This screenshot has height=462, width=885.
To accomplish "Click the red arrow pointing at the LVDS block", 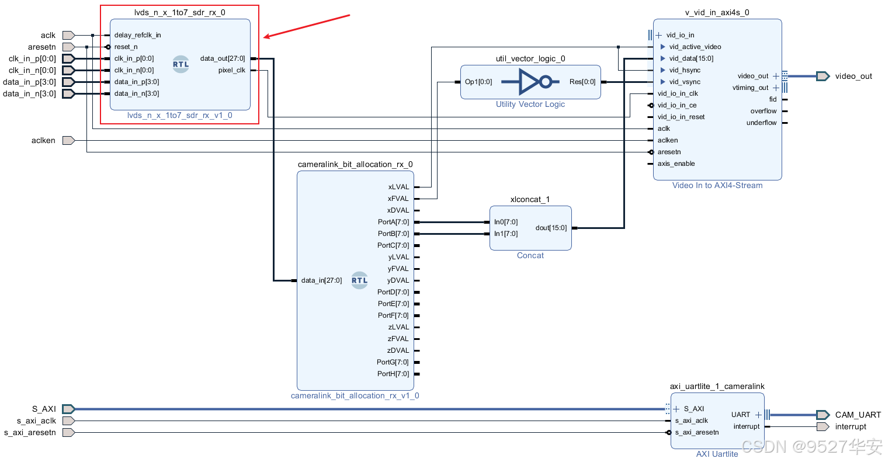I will [307, 26].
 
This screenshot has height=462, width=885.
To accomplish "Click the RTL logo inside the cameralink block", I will [360, 280].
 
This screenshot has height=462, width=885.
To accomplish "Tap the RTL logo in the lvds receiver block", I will [181, 64].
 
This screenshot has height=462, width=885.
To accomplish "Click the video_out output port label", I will [853, 76].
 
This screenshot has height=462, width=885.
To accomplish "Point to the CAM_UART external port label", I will [858, 415].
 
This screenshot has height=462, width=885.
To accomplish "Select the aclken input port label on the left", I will [43, 140].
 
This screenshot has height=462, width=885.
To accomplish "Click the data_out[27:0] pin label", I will [223, 58].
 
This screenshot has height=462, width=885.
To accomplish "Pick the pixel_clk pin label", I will [232, 70].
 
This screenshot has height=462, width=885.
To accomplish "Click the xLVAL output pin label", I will [398, 187].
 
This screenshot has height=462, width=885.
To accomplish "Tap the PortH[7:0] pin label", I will [393, 374].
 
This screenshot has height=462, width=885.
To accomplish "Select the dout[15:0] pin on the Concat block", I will [551, 228].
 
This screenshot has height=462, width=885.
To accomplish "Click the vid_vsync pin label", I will [685, 82].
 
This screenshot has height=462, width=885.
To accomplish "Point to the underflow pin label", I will [761, 123].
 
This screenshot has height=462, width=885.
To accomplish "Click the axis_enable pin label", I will [676, 164].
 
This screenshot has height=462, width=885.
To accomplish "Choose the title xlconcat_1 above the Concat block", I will [530, 199].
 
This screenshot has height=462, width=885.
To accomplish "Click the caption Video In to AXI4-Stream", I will [717, 185].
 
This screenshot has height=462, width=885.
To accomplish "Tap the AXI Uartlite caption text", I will [717, 454].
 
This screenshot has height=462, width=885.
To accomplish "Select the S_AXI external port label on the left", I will [44, 409].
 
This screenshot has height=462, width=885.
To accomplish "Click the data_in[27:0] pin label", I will [321, 280].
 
